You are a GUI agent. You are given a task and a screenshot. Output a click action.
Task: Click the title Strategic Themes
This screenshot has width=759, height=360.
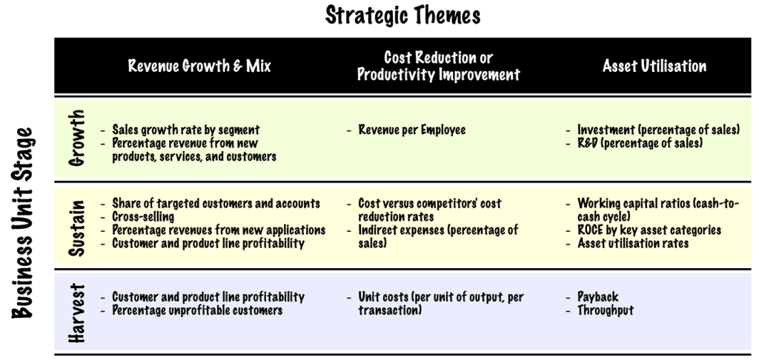402,15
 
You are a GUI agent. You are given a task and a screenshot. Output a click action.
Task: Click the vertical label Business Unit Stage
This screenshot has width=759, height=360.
24,222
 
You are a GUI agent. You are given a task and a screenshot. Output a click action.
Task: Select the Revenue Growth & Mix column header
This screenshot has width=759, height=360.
199,66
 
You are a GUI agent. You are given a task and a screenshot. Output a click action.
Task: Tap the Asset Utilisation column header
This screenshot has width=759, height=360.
654,66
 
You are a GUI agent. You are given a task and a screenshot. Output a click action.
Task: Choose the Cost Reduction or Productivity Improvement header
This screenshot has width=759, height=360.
438,66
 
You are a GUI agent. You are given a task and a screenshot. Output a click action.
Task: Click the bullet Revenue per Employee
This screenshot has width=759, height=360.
412,130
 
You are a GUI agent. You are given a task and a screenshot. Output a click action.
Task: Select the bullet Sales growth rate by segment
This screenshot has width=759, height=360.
185,130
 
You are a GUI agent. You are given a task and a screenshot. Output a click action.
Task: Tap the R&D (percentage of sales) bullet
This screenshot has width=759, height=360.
640,144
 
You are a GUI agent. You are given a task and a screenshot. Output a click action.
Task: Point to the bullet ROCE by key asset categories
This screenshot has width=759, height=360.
649,230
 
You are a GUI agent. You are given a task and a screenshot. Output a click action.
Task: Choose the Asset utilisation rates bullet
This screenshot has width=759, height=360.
633,243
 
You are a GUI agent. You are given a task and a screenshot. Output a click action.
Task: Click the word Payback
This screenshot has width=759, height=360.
597,297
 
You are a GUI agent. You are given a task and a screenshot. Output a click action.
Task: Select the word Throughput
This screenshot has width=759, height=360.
605,310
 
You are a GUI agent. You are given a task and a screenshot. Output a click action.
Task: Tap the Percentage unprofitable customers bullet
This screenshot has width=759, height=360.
196,310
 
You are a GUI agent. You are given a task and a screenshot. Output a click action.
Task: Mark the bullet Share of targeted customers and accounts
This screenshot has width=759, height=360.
216,203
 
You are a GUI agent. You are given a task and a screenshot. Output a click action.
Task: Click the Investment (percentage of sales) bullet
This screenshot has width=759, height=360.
658,130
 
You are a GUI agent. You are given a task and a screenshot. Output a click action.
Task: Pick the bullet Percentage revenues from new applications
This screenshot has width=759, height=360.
219,230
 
